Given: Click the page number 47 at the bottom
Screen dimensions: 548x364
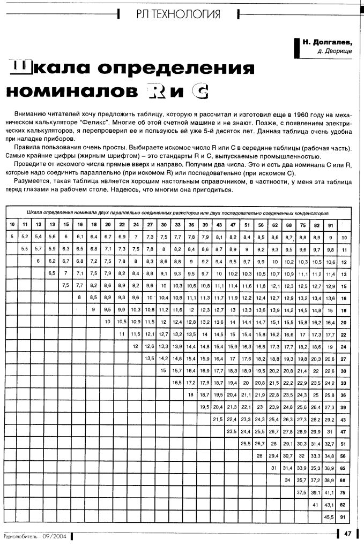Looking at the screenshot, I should pyautogui.click(x=347, y=533).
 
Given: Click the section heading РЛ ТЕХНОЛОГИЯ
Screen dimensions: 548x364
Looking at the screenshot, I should pyautogui.click(x=179, y=15).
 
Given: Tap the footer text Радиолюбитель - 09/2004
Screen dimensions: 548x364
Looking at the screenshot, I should pyautogui.click(x=35, y=536).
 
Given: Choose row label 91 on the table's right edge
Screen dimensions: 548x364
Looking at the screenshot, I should pyautogui.click(x=344, y=517).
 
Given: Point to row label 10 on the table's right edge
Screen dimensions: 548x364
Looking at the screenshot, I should pyautogui.click(x=344, y=237).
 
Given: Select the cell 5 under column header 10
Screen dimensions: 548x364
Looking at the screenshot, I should pyautogui.click(x=11, y=236).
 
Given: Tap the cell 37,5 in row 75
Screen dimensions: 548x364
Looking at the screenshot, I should pyautogui.click(x=301, y=492).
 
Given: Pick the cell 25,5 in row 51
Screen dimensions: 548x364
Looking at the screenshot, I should pyautogui.click(x=246, y=443).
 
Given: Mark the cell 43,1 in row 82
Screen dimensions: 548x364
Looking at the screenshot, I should pyautogui.click(x=329, y=505).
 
